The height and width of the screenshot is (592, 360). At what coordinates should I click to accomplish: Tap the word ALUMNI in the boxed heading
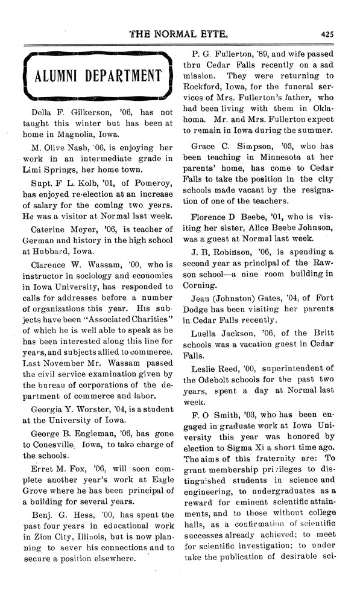(53, 77)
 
